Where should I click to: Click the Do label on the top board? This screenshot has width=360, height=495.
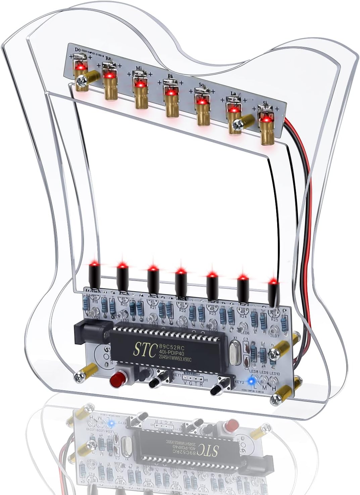[x=78, y=50]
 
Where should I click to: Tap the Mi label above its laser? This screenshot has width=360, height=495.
[x=139, y=68]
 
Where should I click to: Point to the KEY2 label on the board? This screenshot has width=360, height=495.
[x=239, y=382]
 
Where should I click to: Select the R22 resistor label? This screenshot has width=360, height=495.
[x=183, y=311]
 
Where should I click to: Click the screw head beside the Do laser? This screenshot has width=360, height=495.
[x=81, y=81]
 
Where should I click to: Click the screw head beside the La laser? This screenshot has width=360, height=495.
[x=239, y=125]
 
